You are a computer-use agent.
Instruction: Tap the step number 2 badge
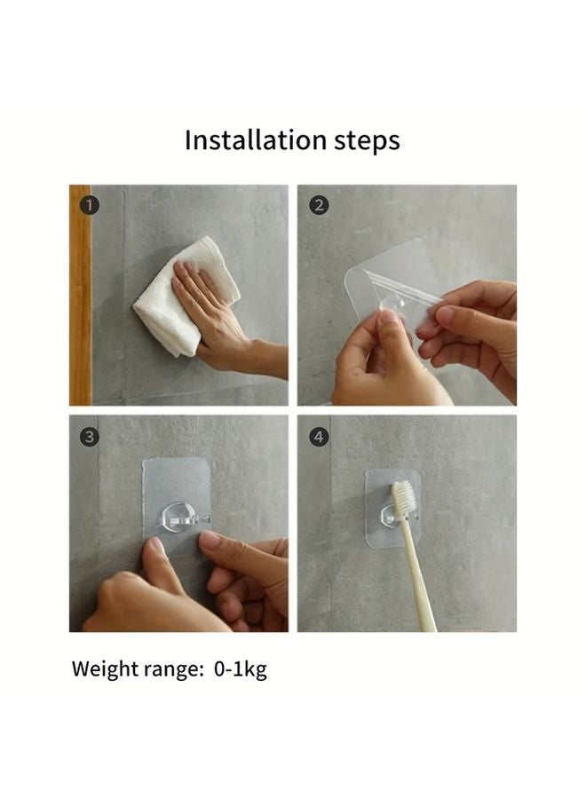pyautogui.click(x=319, y=205)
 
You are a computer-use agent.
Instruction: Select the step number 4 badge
pyautogui.click(x=319, y=436)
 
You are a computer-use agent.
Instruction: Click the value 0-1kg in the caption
pyautogui.click(x=240, y=669)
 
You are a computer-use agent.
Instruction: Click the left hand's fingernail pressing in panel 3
pyautogui.click(x=157, y=547)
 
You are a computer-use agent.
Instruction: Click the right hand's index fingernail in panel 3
pyautogui.click(x=210, y=540)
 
